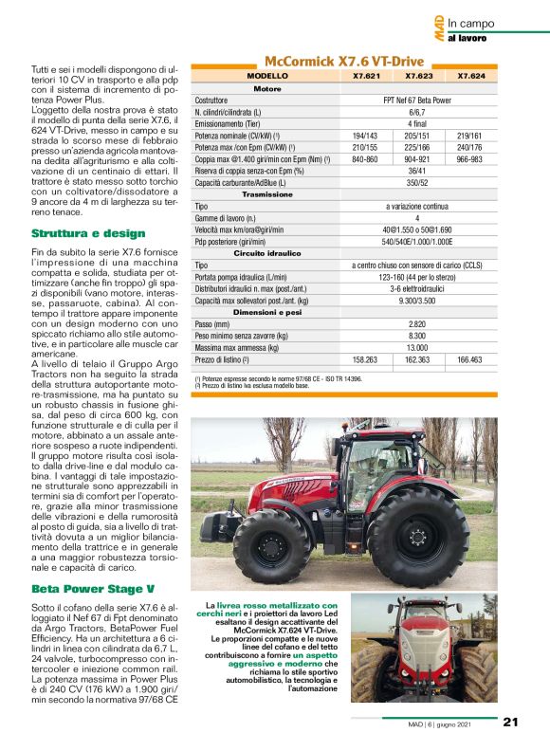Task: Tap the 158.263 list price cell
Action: [365, 360]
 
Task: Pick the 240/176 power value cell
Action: [469, 147]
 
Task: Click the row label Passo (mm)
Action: [217, 323]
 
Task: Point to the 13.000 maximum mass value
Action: [417, 348]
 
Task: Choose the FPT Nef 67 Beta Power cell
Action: [417, 100]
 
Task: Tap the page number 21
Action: [510, 722]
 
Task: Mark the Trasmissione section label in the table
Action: [267, 193]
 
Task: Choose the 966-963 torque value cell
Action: [469, 158]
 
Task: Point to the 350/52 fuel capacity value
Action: [417, 182]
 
